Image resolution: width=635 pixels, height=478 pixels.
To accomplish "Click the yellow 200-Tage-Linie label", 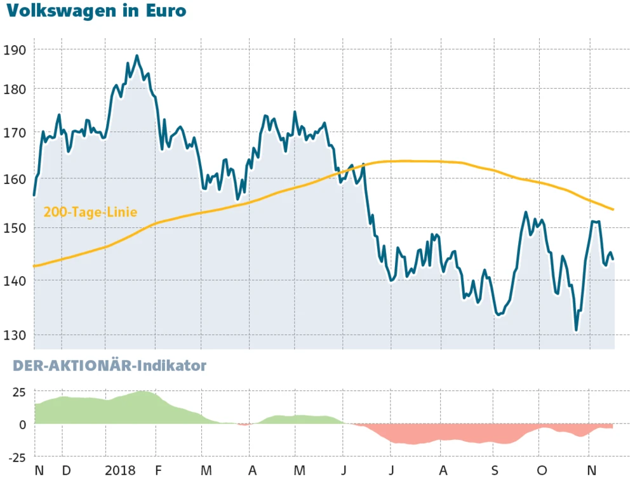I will click(x=90, y=212).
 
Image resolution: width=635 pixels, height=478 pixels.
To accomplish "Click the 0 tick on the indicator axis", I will click(x=22, y=425).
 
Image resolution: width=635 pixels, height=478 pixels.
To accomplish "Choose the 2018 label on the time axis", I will click(x=121, y=470).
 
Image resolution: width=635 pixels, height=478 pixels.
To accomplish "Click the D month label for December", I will click(x=66, y=470).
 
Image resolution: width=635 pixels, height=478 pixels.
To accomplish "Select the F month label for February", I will click(x=158, y=470).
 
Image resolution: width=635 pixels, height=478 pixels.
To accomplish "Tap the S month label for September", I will click(x=495, y=470).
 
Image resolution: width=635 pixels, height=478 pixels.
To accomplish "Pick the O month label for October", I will click(x=541, y=470).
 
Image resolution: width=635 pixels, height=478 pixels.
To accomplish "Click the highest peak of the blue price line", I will click(x=137, y=56).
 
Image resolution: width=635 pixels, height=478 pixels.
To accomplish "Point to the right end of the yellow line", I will click(x=613, y=209).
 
